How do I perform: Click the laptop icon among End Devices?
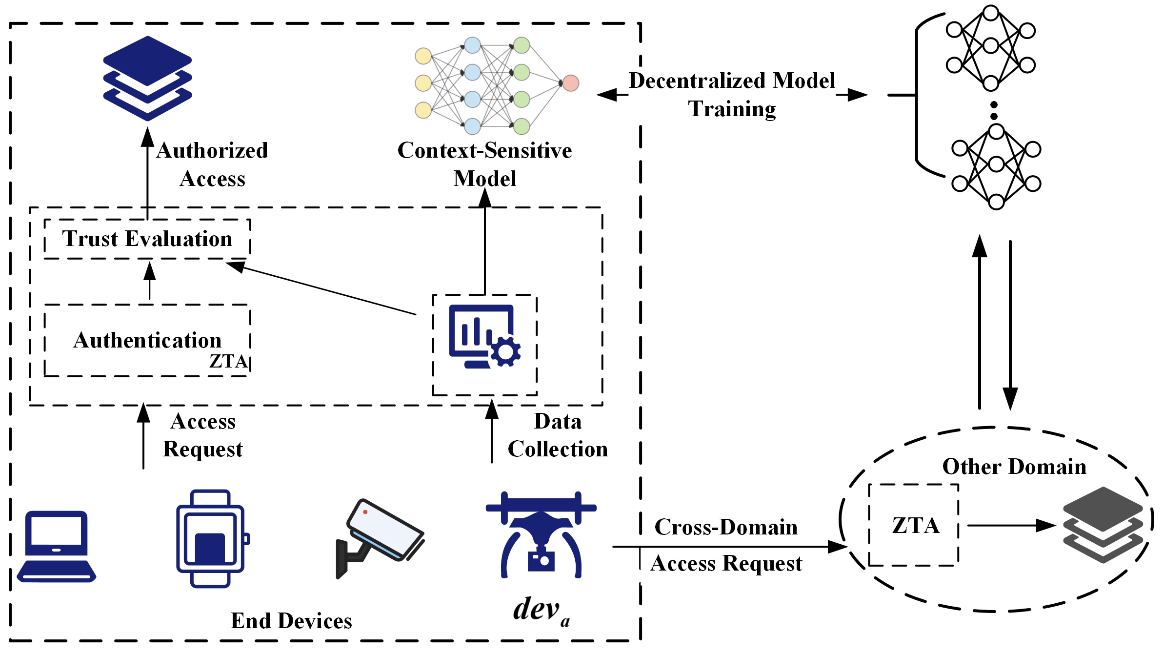pos(57,547)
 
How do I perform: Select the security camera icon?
pos(379,537)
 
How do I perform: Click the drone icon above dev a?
pos(541,534)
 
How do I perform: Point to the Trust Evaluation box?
pos(147,239)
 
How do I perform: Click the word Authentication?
pos(147,340)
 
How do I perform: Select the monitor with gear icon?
pos(484,337)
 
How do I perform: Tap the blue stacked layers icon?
pos(147,78)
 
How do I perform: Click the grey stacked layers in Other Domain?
pos(1103,525)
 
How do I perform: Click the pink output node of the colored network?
pos(570,83)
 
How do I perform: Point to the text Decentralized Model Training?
pos(732,95)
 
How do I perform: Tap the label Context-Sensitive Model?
pos(484,164)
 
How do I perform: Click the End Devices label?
pos(291,621)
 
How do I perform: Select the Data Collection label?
pos(558,435)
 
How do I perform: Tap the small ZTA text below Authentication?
pos(228,361)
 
